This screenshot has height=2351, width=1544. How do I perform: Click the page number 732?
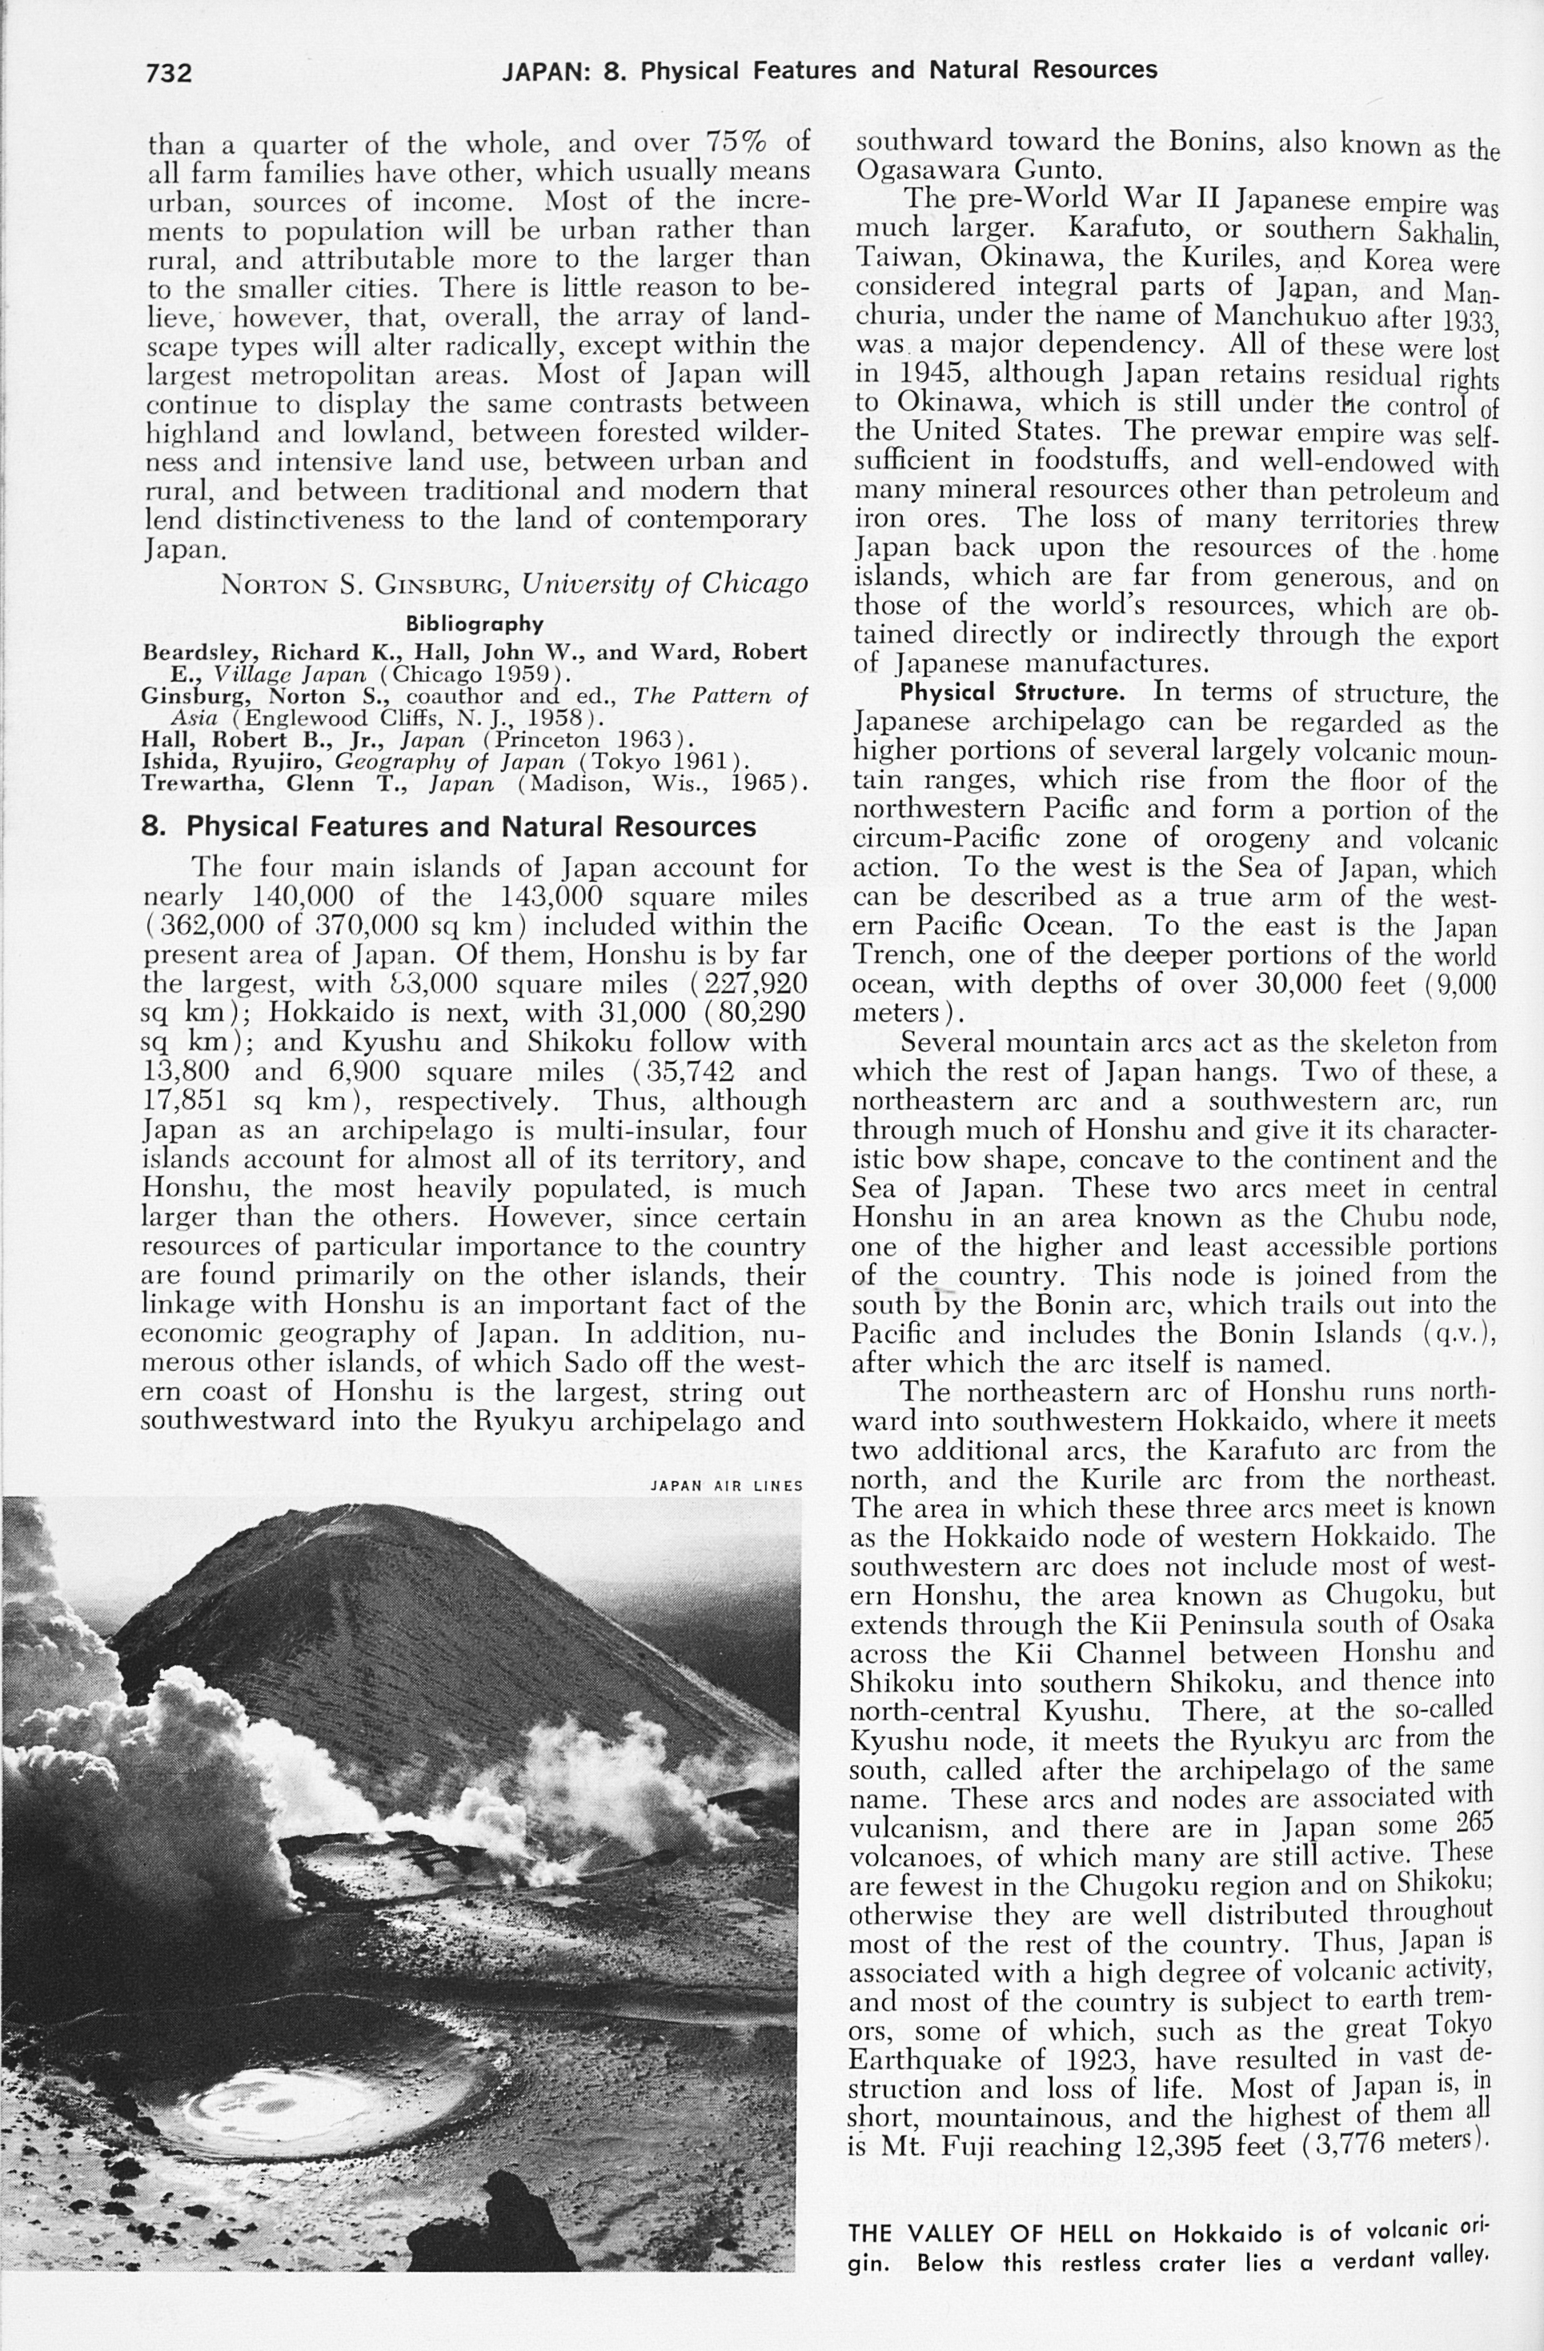point(168,72)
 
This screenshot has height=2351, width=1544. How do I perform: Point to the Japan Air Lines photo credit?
point(726,1484)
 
